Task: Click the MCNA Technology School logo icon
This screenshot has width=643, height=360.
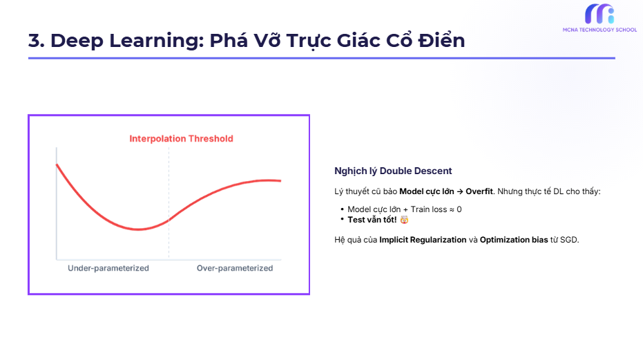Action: coord(599,14)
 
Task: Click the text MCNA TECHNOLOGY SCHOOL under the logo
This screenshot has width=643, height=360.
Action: coord(599,30)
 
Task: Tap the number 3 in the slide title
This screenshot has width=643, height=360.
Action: coord(35,41)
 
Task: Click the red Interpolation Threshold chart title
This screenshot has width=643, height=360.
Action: coord(181,139)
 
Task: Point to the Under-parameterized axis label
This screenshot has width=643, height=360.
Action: coord(108,268)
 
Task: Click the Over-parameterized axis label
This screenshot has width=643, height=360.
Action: coord(235,268)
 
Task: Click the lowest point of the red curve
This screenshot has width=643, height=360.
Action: coord(138,229)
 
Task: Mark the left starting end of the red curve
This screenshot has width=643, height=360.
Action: coord(57,164)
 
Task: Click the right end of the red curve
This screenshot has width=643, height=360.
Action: coord(280,181)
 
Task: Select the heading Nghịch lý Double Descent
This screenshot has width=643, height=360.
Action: coord(393,171)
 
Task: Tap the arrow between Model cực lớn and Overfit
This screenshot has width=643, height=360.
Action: coord(460,191)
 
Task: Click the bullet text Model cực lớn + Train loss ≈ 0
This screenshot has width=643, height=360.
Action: coord(404,209)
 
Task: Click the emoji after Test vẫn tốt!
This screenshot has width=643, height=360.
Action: coord(404,219)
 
